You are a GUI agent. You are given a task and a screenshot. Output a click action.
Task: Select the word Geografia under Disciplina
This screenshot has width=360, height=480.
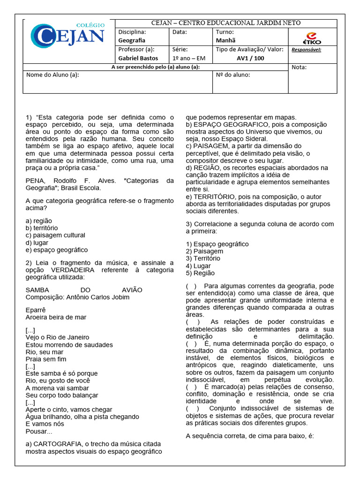click(132, 40)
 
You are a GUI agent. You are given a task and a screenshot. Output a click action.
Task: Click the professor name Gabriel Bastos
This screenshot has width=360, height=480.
click(138, 58)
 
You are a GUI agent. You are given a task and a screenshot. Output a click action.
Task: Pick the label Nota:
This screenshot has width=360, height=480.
click(299, 67)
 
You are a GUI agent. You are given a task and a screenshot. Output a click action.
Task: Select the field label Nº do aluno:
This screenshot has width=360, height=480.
click(232, 75)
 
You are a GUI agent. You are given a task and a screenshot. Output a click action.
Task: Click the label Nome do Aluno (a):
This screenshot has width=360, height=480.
click(52, 75)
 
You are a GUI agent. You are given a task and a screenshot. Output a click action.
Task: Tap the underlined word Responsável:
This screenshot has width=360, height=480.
click(306, 49)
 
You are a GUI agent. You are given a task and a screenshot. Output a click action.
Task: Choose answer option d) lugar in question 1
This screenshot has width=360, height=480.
click(37, 243)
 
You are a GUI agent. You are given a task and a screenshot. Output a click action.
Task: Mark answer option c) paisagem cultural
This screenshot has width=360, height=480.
click(55, 235)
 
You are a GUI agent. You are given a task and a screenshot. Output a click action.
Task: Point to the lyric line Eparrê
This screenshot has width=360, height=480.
click(36, 310)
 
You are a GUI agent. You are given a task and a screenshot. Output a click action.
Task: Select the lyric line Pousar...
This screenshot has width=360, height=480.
click(38, 431)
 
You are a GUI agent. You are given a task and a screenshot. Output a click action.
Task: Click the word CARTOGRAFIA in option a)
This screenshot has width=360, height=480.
click(56, 444)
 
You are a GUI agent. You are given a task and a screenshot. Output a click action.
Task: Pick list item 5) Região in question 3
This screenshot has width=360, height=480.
click(200, 273)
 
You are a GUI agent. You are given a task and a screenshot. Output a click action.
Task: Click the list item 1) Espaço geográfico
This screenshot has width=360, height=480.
click(217, 244)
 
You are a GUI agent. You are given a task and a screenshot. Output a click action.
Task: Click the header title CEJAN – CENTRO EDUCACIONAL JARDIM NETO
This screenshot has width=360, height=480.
click(226, 23)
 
